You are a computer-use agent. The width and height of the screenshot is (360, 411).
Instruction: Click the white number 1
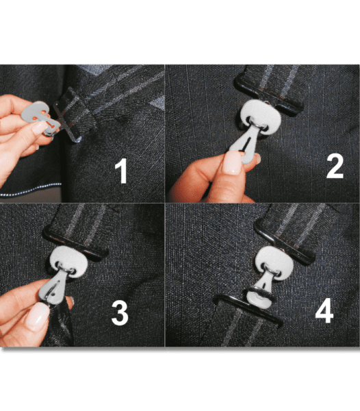click(122, 171)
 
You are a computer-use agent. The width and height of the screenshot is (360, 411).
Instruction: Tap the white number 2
click(333, 165)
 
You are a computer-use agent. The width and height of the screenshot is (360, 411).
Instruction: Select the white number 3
click(119, 313)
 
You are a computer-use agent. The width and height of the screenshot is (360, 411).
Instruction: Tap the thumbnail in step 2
click(233, 163)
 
